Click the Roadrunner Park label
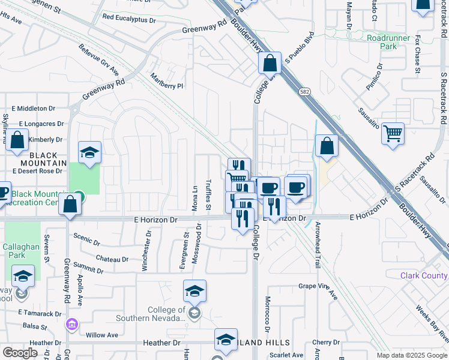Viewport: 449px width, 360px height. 388,41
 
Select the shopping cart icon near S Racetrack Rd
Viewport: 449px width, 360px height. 393,134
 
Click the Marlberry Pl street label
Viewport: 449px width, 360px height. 166,82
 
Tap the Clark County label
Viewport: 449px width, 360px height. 424,276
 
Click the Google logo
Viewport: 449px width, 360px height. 20,352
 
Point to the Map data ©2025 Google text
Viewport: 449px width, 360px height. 412,355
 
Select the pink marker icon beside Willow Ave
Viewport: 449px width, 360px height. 71,324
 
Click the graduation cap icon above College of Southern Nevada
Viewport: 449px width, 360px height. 194,292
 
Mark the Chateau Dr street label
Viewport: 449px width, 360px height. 112,259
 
